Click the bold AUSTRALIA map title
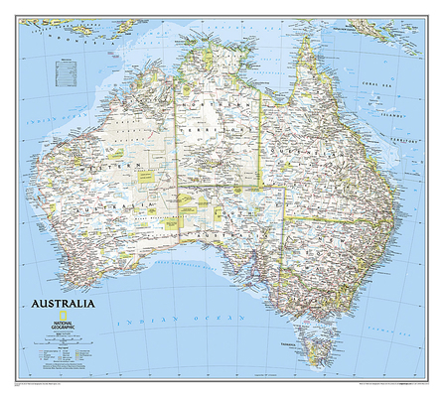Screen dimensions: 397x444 pos(65,298)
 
